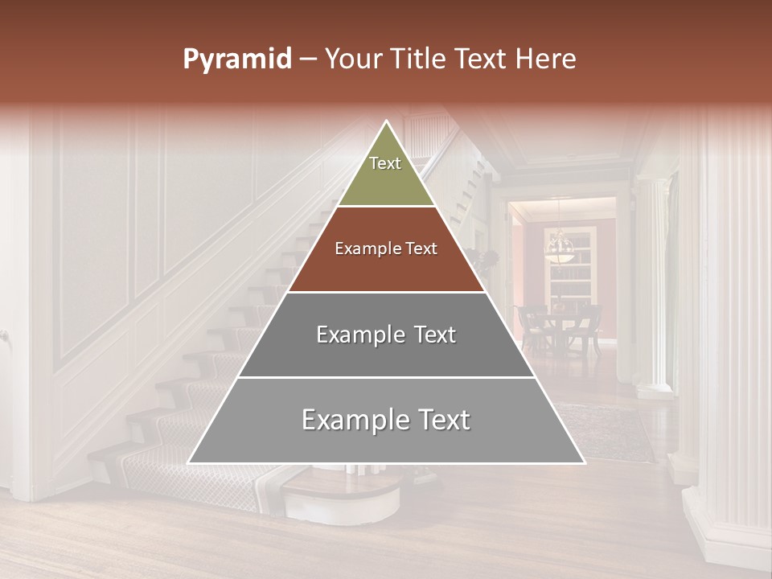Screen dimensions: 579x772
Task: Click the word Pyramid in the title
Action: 237,60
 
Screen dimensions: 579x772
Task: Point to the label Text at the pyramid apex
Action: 385,163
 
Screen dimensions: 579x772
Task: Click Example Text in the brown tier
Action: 386,249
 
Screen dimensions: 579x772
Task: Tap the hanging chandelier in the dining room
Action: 560,246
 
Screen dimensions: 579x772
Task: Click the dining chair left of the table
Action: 530,326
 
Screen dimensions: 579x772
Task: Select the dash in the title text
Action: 308,60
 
